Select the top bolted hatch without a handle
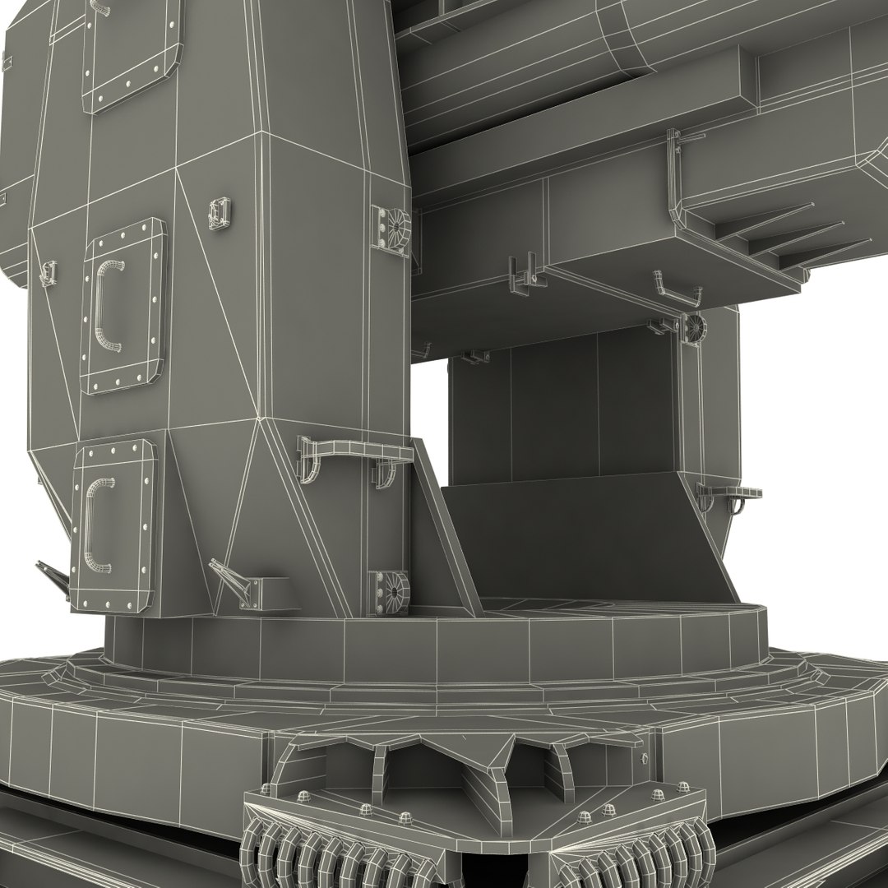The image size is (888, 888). [132, 53]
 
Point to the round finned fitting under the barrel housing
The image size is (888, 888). [693, 326]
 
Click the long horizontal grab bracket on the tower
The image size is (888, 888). [354, 450]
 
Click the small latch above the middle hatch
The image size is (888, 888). [219, 212]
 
